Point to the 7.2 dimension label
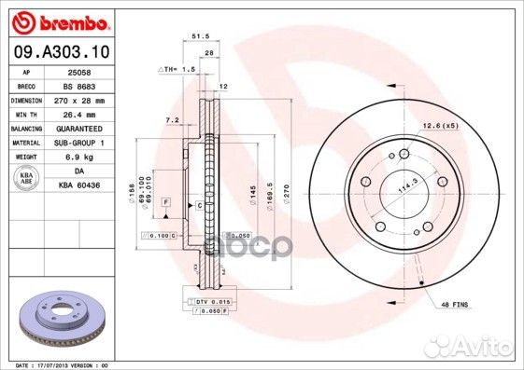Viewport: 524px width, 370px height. point(172,120)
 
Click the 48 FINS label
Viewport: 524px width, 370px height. point(454,305)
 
